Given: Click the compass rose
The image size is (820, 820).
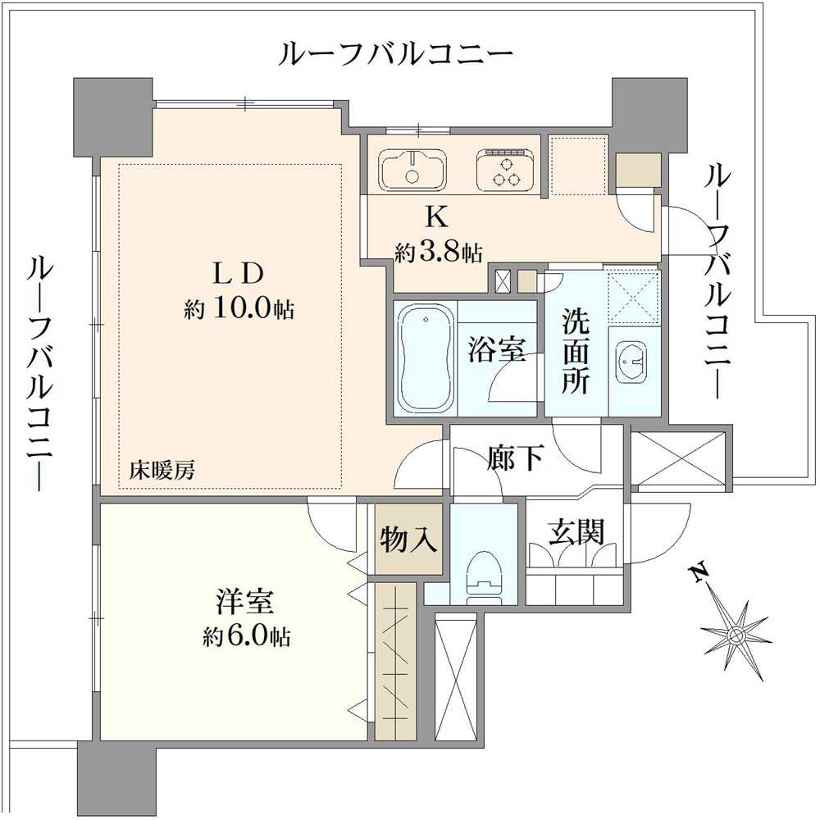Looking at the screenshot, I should click(x=736, y=635).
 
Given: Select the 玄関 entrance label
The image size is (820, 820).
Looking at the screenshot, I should click(x=576, y=533).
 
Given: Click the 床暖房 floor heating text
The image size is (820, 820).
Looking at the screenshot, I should click(x=162, y=471).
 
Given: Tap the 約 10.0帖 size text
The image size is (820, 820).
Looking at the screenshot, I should click(x=239, y=309).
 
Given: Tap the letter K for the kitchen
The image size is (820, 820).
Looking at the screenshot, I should click(x=436, y=216).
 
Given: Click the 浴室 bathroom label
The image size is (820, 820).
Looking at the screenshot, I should click(x=497, y=350).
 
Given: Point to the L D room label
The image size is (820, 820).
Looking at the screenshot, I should click(x=237, y=272).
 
